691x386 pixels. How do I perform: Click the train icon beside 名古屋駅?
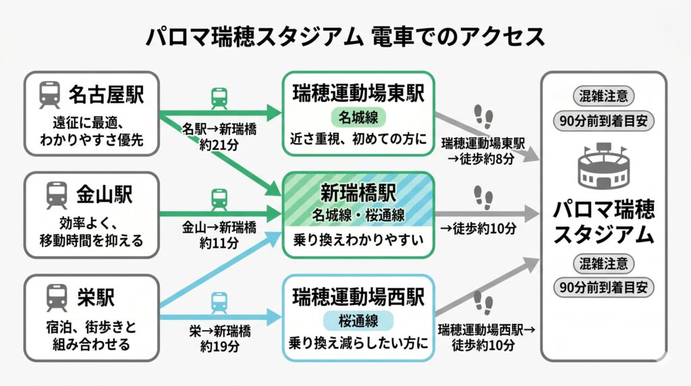pos(49,95)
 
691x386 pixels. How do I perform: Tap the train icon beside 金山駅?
pos(57,196)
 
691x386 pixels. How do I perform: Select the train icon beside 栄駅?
pos(57,297)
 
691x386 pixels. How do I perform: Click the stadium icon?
pos(604,167)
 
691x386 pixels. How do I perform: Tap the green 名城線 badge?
pos(358,117)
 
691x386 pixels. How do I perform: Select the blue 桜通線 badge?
pos(358,320)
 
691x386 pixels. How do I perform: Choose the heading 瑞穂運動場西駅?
pos(358,296)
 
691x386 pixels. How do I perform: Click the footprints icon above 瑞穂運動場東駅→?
pos(483,117)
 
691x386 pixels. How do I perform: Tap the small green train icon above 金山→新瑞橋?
pos(219,199)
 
